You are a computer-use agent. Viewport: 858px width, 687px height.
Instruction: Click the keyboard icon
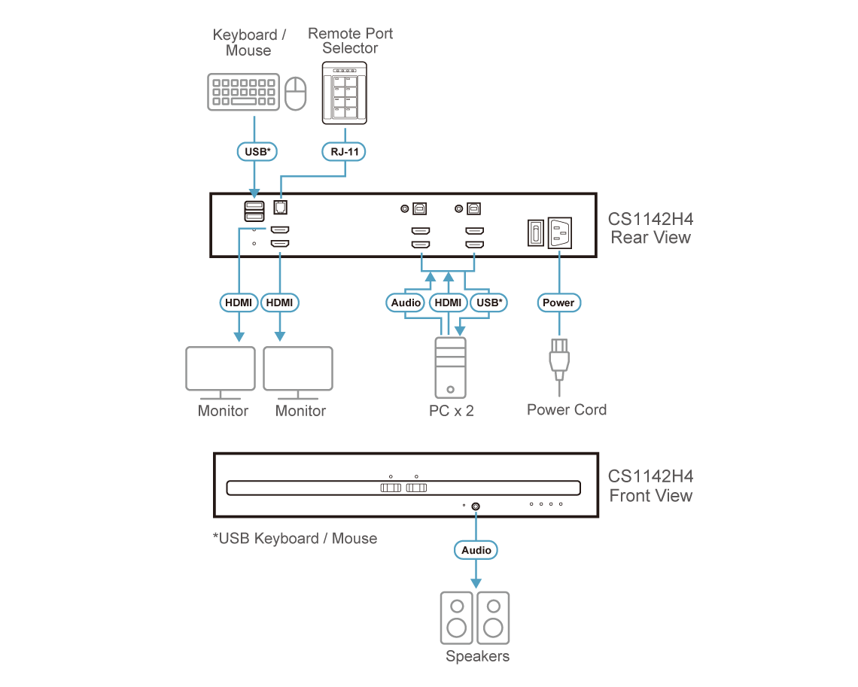(x=243, y=93)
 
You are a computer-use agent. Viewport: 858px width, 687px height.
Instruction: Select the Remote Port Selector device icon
(x=345, y=93)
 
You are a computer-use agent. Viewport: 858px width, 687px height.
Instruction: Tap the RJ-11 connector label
(x=345, y=151)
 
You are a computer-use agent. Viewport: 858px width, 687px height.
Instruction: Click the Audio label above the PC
(x=406, y=302)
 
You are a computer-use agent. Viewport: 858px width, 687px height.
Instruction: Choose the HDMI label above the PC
(x=449, y=302)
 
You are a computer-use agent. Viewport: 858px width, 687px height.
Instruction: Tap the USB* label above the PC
(x=490, y=302)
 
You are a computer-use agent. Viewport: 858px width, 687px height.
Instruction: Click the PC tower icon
(x=450, y=366)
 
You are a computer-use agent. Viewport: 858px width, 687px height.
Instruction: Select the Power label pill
(x=558, y=302)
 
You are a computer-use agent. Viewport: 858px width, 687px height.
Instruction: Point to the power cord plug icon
(x=559, y=360)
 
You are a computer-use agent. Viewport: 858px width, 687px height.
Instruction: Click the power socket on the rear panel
(x=560, y=233)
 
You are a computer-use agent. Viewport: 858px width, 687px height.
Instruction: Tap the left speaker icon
(x=457, y=617)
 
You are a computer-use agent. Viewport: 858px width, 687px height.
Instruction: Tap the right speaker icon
(x=493, y=617)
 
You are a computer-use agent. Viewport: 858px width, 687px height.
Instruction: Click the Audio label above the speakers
(x=476, y=550)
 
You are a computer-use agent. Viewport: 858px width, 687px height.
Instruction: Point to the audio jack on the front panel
(x=476, y=506)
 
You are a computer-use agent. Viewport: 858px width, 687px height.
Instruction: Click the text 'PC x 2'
(x=450, y=411)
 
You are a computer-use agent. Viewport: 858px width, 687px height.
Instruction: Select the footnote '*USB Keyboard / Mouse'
(x=295, y=538)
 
